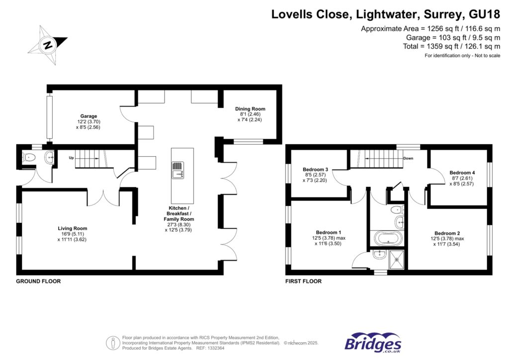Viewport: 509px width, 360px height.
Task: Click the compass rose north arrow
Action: [48, 45]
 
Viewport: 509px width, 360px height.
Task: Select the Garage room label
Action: [89, 116]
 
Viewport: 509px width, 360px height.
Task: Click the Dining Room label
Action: [250, 109]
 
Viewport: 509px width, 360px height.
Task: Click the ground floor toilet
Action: [29, 158]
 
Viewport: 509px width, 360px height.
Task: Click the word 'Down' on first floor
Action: [408, 159]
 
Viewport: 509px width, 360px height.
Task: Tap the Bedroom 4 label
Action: [462, 173]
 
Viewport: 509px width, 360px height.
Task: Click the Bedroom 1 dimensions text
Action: [329, 241]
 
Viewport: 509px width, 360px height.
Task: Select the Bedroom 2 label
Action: [447, 233]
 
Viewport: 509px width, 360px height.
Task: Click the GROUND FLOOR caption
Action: [38, 281]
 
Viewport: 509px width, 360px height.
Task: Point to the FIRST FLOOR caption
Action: [303, 281]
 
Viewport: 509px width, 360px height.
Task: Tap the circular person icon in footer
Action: [113, 343]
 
